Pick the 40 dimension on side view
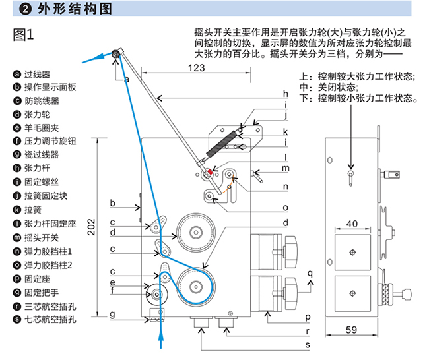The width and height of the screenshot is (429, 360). [352, 224]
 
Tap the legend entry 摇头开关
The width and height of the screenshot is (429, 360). [42, 237]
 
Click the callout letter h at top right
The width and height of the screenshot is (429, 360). [285, 93]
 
